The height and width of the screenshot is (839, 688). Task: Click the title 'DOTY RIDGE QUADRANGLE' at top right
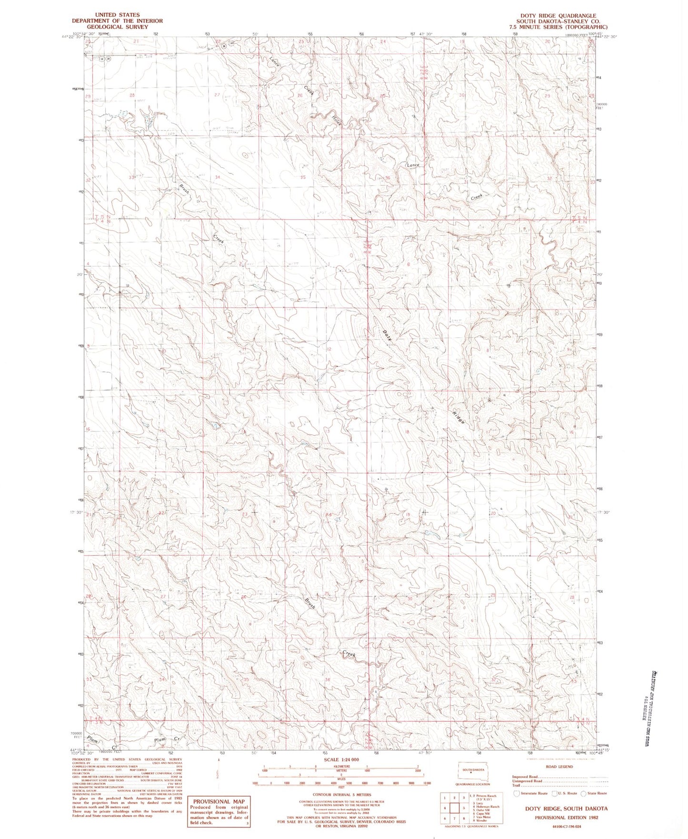[558, 16]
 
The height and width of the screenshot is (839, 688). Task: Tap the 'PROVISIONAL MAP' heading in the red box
[219, 801]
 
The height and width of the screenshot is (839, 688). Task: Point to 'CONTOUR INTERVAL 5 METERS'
[336, 794]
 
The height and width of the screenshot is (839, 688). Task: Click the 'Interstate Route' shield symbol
[517, 793]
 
